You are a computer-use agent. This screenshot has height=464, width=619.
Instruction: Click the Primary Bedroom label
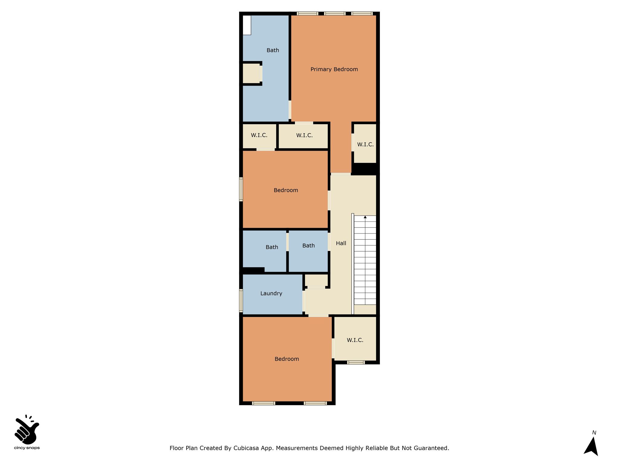(334, 69)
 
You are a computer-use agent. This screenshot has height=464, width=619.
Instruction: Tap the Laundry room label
(271, 293)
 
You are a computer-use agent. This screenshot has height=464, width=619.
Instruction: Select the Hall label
(341, 243)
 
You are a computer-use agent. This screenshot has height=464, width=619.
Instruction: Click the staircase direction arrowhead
(365, 217)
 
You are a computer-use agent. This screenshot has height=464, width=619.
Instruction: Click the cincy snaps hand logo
(27, 429)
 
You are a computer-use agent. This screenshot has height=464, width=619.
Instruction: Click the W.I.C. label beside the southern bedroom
(355, 340)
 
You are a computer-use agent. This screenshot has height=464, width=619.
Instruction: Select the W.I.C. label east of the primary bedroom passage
(365, 144)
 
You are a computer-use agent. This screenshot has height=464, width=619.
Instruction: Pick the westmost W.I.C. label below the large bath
(259, 135)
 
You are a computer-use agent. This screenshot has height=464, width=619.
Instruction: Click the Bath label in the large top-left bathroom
(273, 50)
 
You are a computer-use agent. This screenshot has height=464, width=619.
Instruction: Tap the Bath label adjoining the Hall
(308, 246)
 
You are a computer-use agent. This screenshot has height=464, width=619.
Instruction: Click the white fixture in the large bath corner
(247, 25)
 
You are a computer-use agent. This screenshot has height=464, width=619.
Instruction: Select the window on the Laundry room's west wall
(241, 300)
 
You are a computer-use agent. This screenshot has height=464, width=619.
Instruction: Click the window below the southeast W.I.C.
(356, 362)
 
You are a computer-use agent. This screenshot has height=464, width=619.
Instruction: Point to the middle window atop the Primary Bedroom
(335, 13)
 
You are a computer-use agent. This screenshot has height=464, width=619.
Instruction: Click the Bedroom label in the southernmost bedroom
(287, 359)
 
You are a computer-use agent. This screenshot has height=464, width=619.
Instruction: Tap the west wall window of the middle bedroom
(241, 189)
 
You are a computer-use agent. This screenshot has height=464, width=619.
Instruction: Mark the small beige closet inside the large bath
(251, 73)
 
